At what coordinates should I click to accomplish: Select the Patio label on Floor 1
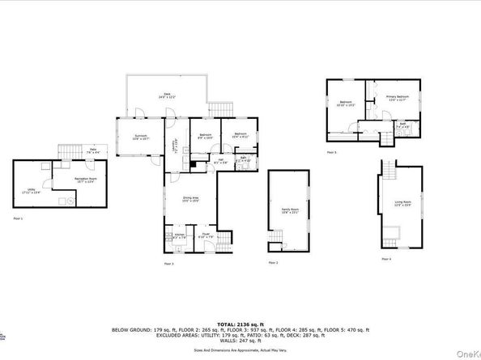point(93,150)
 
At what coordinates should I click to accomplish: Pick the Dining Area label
point(190,200)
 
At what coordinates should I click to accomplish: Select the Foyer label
point(206,235)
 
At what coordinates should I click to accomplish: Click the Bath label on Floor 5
point(402,125)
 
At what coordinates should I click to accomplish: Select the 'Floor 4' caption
point(386,259)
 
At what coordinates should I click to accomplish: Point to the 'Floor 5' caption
point(331,151)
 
